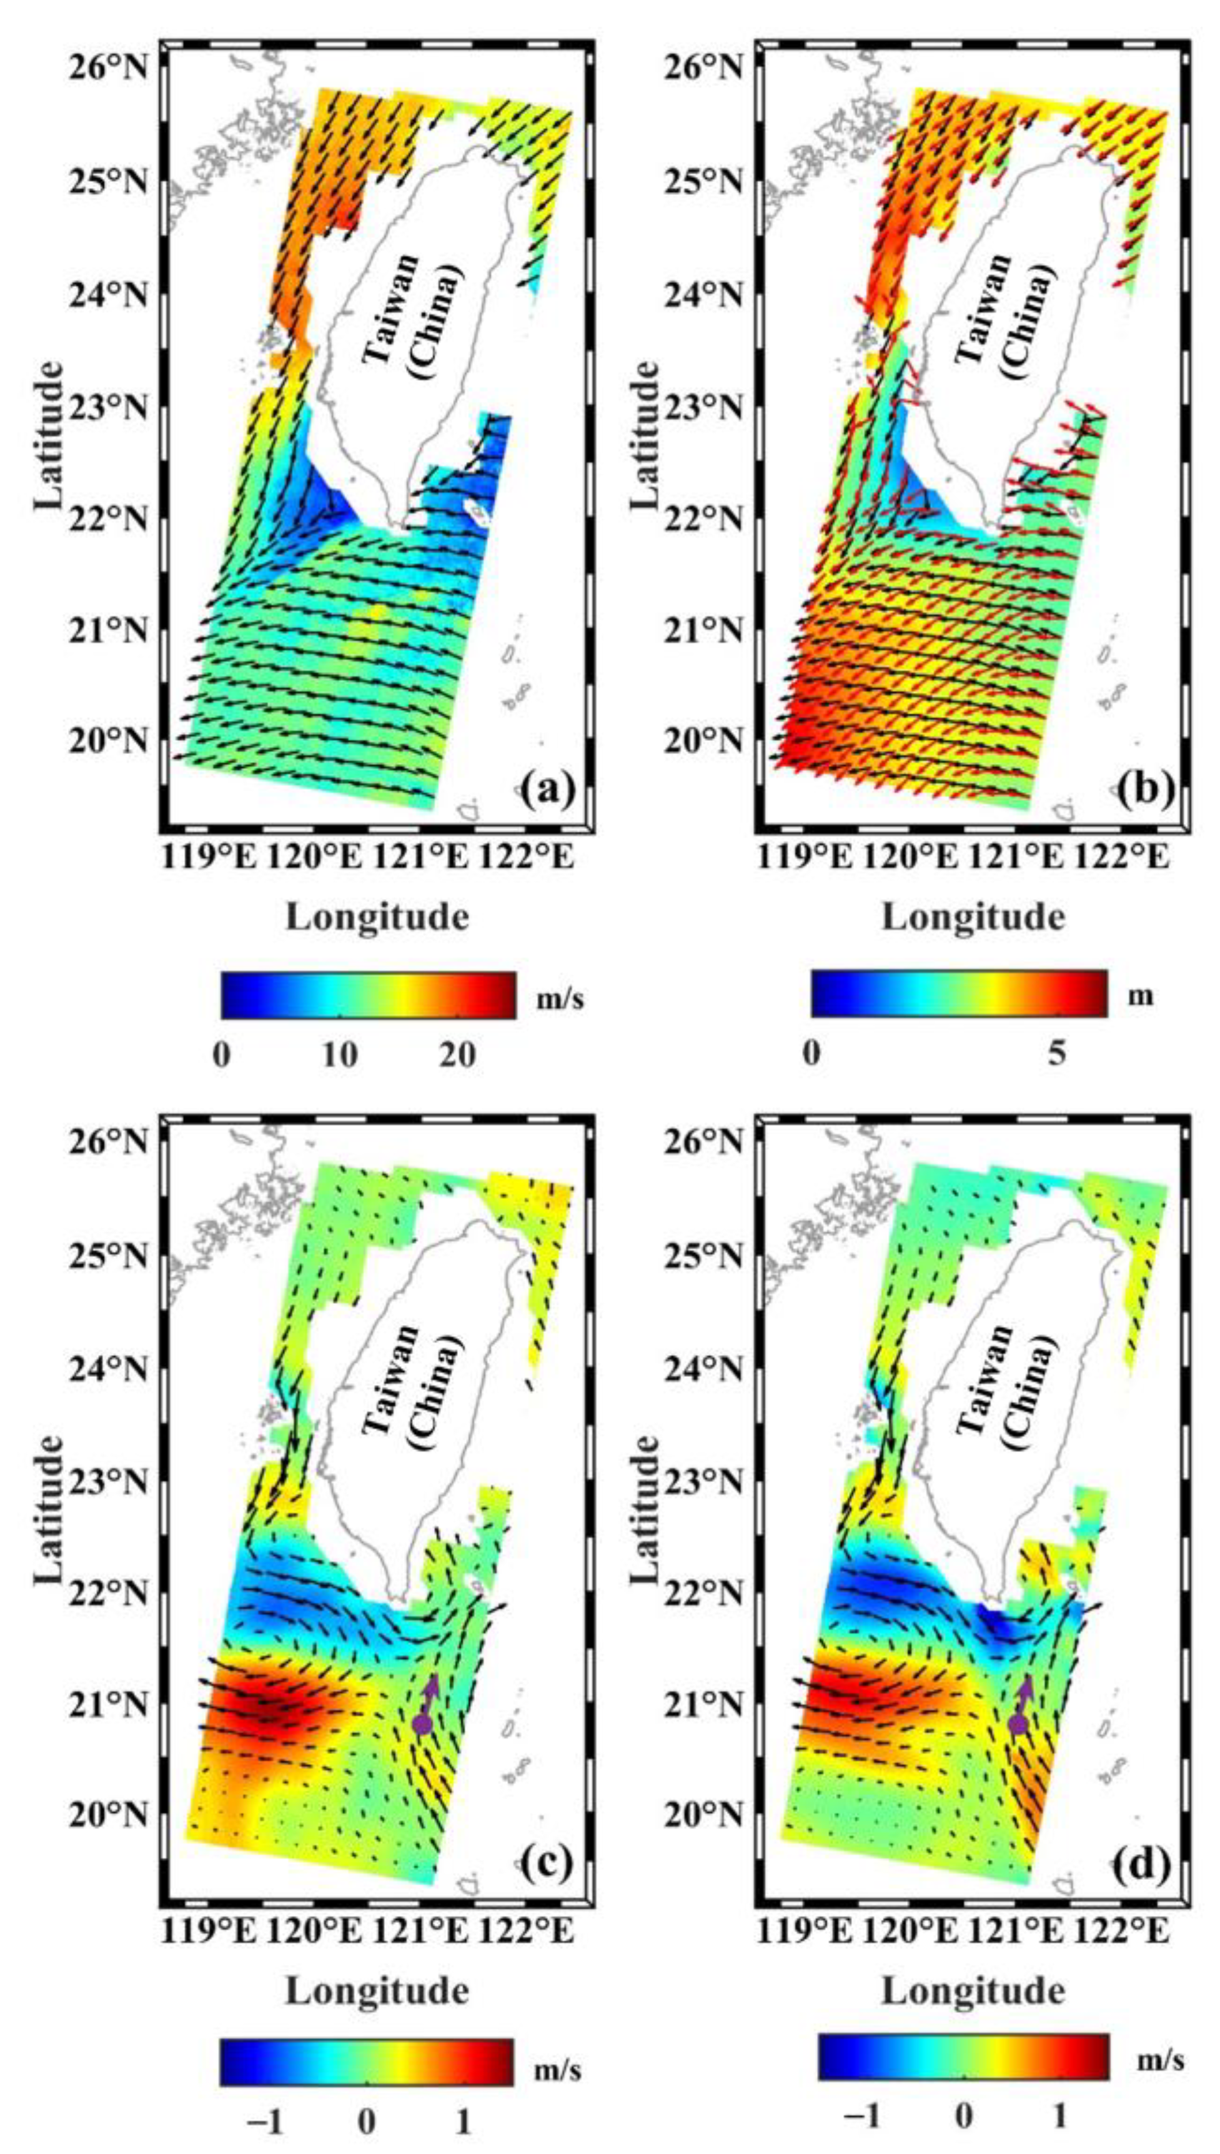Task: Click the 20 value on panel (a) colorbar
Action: (459, 1054)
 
